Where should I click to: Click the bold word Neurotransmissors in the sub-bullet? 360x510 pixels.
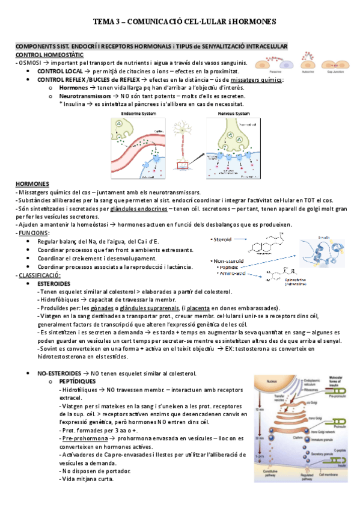[84, 96]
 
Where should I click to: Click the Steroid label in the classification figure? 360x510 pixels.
[224, 239]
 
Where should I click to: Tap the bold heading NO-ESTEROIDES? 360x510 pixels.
[61, 373]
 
